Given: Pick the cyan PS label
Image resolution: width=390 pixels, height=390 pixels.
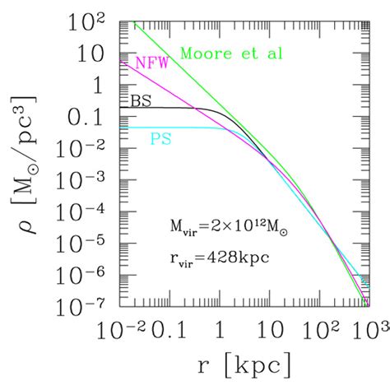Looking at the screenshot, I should [x=160, y=142].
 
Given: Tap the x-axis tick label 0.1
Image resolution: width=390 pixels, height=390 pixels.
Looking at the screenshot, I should [x=167, y=331].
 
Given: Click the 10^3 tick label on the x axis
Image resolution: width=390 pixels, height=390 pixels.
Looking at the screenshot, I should [x=362, y=330].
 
